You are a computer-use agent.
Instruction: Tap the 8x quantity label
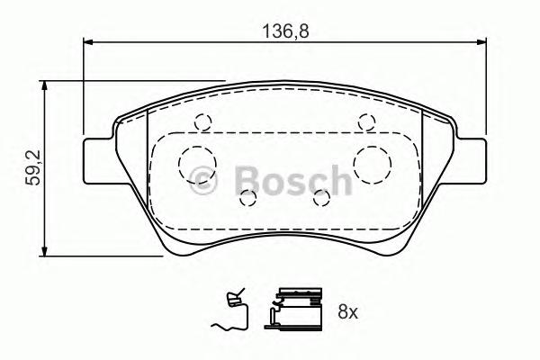click(347, 312)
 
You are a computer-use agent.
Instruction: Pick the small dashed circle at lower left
click(249, 196)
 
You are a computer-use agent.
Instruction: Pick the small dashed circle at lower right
click(319, 196)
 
